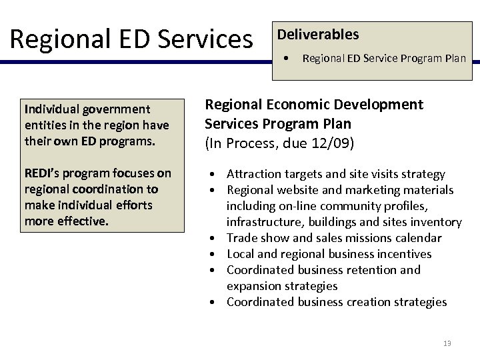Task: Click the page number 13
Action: tap(447, 343)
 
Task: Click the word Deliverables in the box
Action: tap(317, 34)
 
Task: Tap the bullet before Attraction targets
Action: tap(210, 175)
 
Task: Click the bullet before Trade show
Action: tap(210, 239)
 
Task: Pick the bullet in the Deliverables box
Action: tap(285, 58)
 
